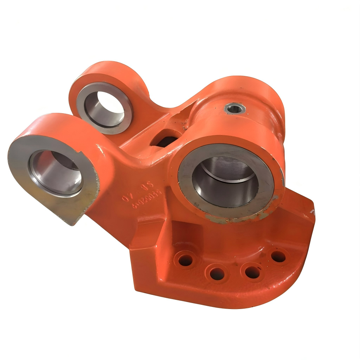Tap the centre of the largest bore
[225, 181]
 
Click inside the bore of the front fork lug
[56, 172]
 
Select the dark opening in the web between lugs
[165, 139]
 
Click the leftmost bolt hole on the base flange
[186, 260]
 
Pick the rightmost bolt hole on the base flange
[278, 256]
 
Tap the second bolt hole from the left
[217, 273]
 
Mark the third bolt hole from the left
[252, 272]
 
